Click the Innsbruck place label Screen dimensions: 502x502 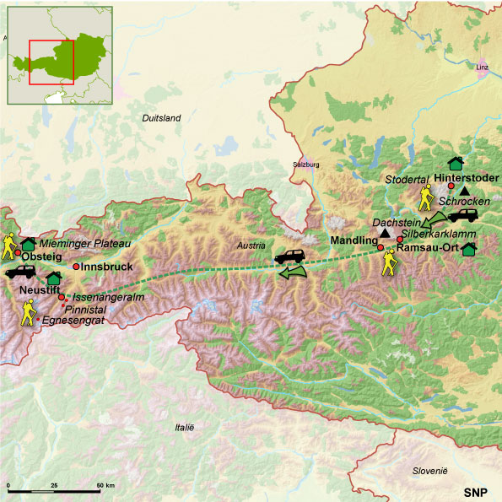(x=108, y=267)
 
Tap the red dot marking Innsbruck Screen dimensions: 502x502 (x=77, y=267)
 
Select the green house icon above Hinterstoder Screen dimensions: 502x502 (x=456, y=163)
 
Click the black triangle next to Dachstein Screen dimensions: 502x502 (x=386, y=233)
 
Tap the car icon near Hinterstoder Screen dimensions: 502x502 (x=463, y=215)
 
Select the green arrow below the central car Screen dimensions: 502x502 (x=294, y=272)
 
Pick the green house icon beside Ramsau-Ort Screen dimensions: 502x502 (x=469, y=248)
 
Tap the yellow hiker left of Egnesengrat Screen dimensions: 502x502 (x=29, y=315)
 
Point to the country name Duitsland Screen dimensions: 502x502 (x=162, y=118)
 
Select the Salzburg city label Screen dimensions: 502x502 (x=307, y=165)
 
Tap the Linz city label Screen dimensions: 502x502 (x=483, y=65)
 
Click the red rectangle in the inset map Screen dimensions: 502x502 (x=51, y=62)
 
